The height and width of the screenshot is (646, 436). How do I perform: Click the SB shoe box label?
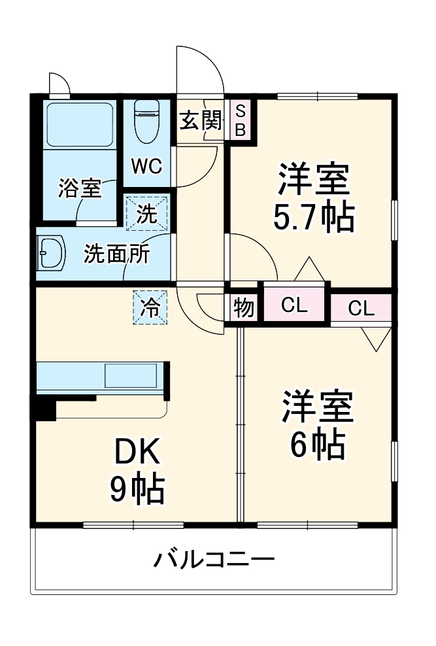pos(240,119)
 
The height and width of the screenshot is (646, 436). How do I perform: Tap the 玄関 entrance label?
pos(199,120)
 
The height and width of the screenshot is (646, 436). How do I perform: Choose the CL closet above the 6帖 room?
pos(361,309)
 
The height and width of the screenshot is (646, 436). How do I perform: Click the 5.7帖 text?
pos(314,218)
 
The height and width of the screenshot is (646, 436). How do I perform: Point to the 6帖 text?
pos(318,445)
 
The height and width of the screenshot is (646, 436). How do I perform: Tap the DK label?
pos(137,451)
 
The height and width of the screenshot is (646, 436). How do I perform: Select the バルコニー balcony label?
pos(214,559)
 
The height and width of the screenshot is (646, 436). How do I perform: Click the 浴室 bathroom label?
pos(80,188)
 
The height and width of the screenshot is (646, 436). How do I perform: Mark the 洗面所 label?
pos(116,253)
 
